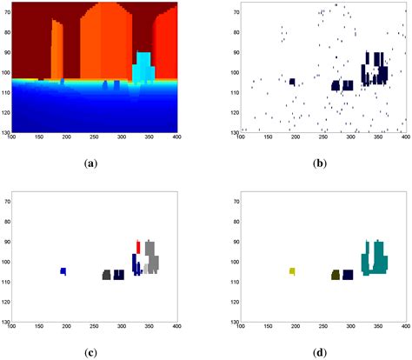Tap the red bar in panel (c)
137,246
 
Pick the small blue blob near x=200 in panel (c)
63,271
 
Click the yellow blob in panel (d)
292,272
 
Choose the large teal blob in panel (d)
376,261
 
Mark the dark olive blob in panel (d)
335,275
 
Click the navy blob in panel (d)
348,275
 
